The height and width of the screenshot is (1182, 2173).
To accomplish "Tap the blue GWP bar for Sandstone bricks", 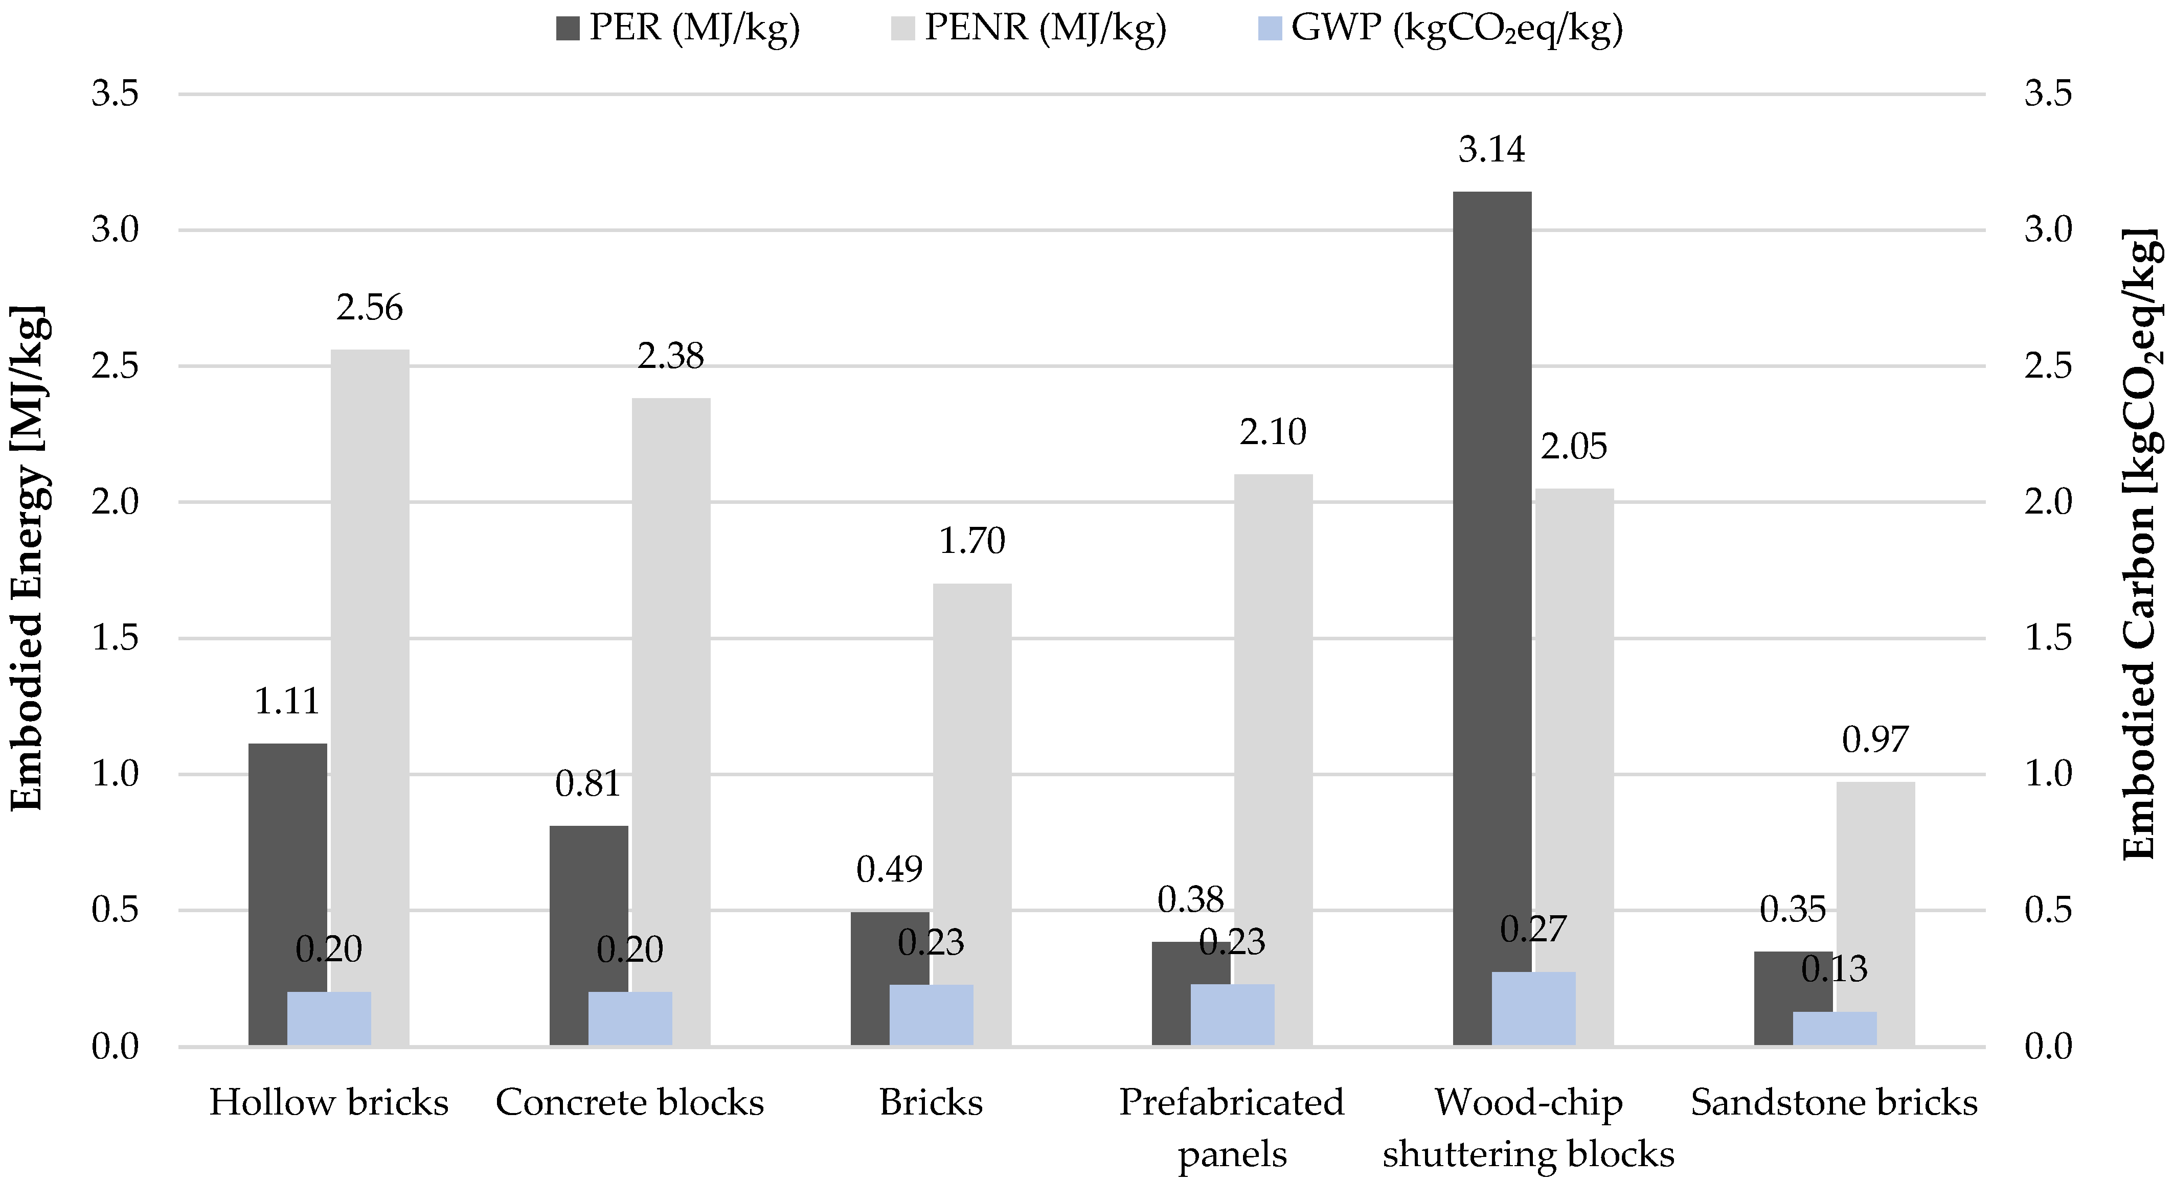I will point(1835,1029).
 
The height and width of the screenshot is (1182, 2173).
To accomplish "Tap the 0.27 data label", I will point(1533,929).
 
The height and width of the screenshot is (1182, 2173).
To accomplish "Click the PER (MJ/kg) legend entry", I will point(678,28).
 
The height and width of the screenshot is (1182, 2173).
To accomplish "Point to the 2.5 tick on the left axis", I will point(115,366).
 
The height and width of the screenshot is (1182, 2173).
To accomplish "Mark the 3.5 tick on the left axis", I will point(115,94).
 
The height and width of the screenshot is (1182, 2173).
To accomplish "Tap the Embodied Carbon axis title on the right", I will point(2143,544).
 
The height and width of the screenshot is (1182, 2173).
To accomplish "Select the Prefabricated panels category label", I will point(1232,1128).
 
